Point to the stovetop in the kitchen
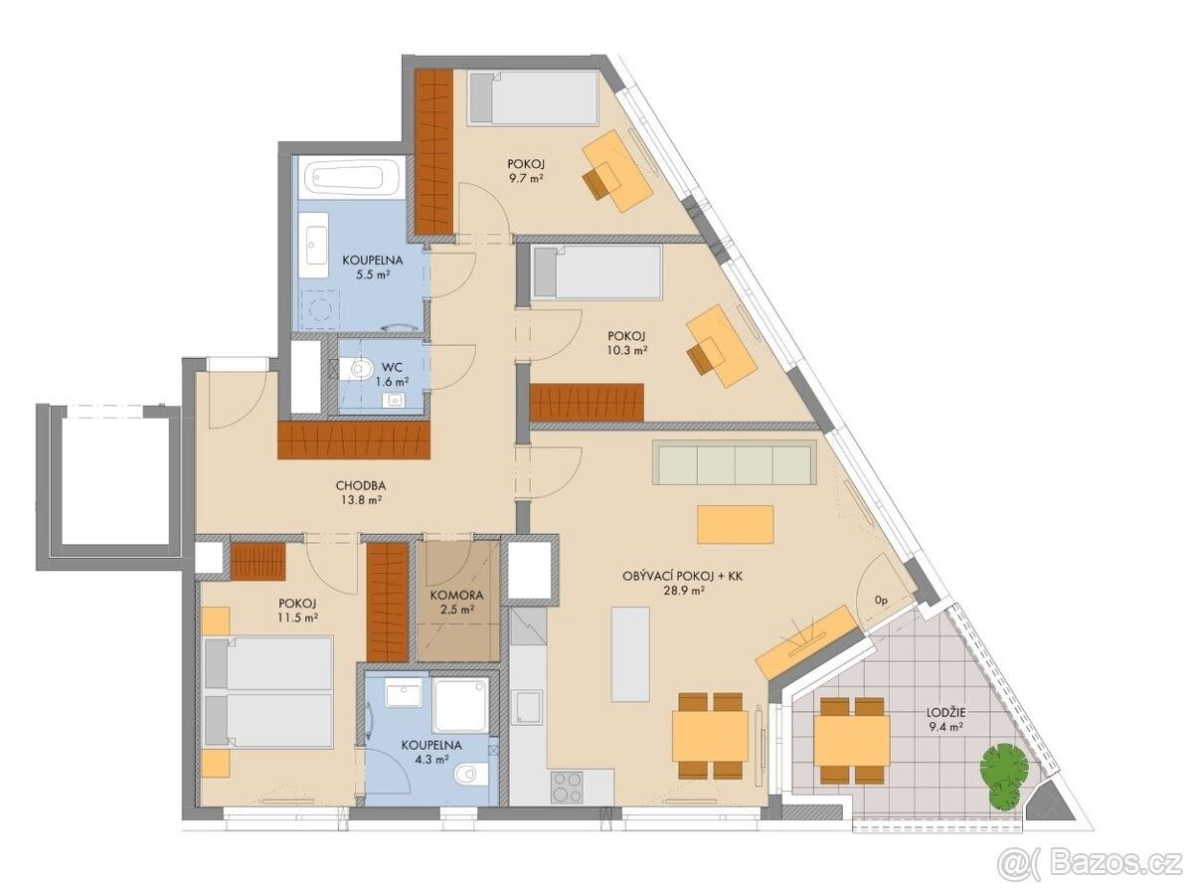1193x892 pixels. coord(567,788)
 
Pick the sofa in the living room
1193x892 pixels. coord(736,462)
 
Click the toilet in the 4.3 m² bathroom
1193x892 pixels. coord(470,774)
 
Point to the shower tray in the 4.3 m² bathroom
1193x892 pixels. coord(460,706)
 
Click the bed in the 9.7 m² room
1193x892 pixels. coord(533,97)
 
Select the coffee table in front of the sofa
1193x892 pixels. coord(735,524)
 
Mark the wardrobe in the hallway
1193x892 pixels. coord(354,440)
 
